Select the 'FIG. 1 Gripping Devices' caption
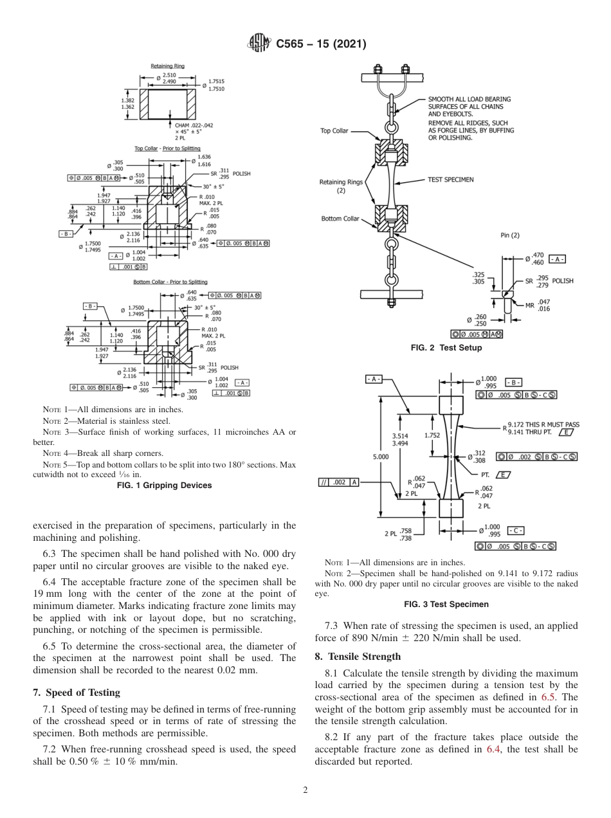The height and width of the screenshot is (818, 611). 164,486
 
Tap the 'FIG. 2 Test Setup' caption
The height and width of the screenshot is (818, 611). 446,348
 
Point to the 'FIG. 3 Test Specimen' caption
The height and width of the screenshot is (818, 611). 446,604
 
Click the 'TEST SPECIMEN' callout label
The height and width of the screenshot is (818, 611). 450,179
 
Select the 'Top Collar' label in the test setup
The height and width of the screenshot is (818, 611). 334,131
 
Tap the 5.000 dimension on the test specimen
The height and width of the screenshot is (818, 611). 381,457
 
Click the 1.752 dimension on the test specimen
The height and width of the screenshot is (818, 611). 432,435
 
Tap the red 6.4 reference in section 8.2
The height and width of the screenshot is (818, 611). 494,749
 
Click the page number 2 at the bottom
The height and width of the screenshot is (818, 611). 305,790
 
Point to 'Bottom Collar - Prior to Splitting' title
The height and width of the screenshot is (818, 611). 170,282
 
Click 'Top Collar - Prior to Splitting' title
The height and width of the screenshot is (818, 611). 167,149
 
